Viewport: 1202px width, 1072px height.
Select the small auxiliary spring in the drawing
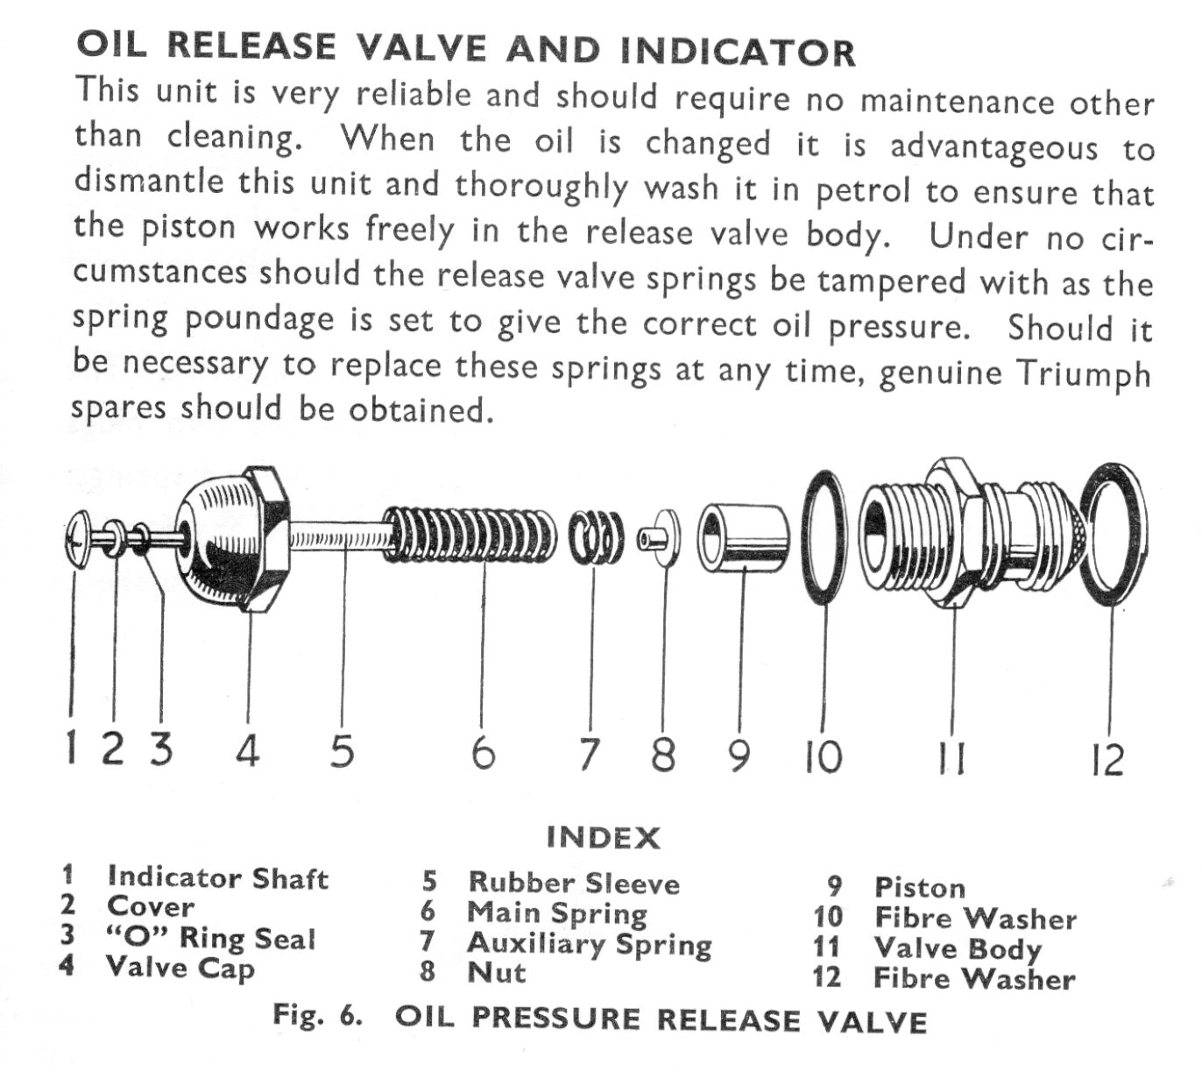(x=596, y=537)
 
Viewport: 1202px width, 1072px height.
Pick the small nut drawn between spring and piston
(x=663, y=536)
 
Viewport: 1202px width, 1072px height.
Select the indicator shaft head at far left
(x=75, y=538)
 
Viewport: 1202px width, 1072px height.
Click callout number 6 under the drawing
(x=483, y=752)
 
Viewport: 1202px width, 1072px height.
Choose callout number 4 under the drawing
(x=248, y=751)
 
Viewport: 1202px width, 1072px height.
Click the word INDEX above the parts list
(x=603, y=838)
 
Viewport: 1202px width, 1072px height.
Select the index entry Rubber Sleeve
(x=573, y=883)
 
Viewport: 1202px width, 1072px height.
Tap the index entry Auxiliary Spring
(x=589, y=944)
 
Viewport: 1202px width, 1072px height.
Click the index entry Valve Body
(x=958, y=948)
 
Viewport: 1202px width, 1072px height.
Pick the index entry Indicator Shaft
(x=217, y=877)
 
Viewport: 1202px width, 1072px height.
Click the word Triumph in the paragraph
(x=1083, y=373)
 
